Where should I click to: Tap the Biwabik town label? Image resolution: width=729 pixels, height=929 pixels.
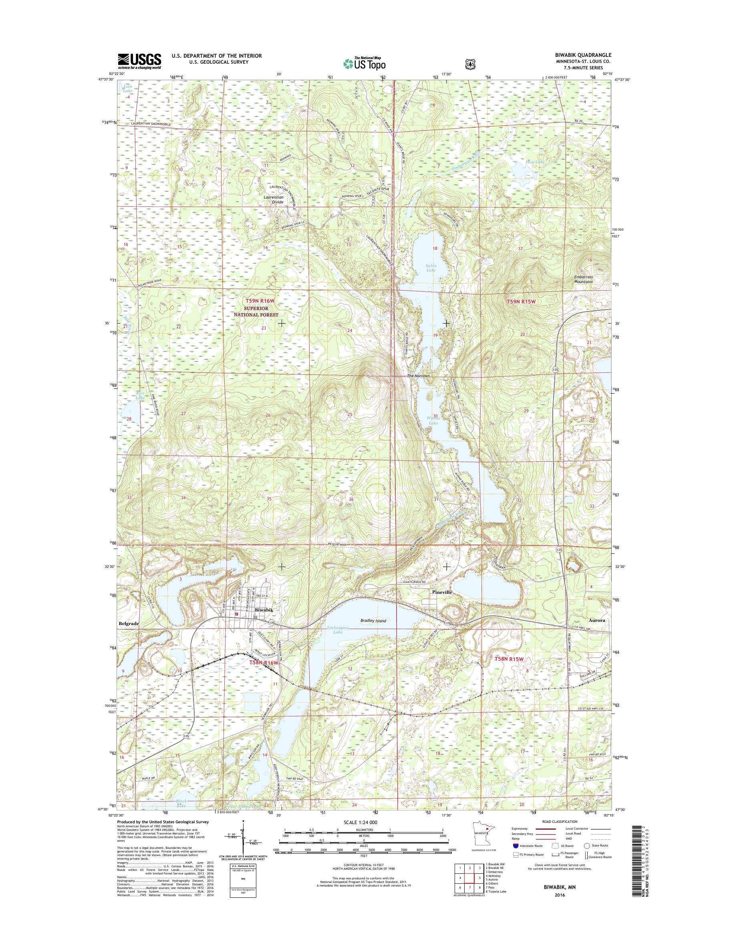(263, 610)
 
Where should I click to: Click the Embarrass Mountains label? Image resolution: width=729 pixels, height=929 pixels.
(583, 279)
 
